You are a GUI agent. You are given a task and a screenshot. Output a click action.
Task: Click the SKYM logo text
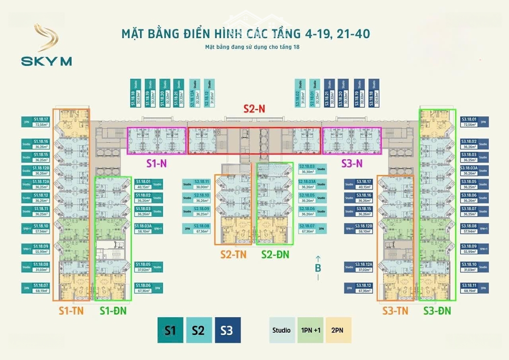point(46,61)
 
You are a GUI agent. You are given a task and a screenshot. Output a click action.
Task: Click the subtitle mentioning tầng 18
point(252,47)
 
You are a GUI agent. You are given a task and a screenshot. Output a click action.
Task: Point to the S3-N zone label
point(352,164)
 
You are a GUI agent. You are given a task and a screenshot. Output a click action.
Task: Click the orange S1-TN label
point(71,311)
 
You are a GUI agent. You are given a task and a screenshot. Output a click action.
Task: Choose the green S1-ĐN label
point(113,311)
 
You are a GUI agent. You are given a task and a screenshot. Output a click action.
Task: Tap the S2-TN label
point(233,254)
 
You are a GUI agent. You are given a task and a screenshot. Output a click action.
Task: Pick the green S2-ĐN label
point(275,254)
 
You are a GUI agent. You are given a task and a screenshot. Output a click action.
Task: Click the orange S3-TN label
point(395,311)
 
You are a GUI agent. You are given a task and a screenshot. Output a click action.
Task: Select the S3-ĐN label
point(437,311)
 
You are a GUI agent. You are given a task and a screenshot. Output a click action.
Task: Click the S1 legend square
point(170,330)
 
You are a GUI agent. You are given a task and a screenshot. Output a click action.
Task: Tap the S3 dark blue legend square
point(227,330)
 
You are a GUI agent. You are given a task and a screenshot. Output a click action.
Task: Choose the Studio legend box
point(281,330)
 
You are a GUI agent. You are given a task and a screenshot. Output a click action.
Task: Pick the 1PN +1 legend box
point(310,330)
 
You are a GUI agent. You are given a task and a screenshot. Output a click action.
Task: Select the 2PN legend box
point(338,330)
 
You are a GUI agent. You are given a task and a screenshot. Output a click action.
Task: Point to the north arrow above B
point(318,258)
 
